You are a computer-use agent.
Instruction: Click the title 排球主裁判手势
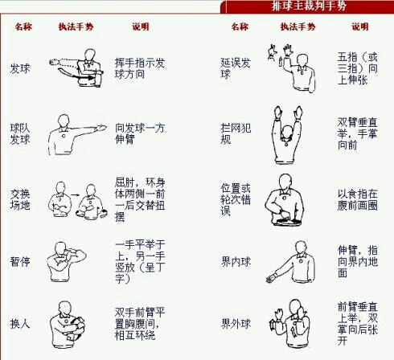pos(308,7)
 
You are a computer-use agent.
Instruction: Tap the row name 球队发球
pos(20,133)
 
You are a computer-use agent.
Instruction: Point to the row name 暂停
pos(19,261)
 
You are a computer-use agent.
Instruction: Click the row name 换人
pos(19,324)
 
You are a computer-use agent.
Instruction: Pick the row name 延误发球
pos(235,67)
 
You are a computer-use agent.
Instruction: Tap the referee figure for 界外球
pos(290,323)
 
